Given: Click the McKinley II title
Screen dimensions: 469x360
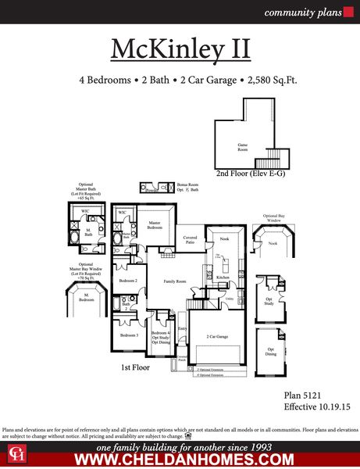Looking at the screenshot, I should pos(180,48).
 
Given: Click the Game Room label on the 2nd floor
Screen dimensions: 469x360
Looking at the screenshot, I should pos(243,147).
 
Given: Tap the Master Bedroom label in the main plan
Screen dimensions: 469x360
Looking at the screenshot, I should pos(155,226).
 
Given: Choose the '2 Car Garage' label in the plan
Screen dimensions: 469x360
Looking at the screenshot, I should pos(216,335).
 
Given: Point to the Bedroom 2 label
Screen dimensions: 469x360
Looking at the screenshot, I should pos(127,280).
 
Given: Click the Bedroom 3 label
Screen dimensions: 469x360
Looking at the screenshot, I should pos(128,335).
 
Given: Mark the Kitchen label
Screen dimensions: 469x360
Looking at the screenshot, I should pos(222,277).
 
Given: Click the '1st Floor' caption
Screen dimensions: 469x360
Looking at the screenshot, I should pos(134,367).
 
